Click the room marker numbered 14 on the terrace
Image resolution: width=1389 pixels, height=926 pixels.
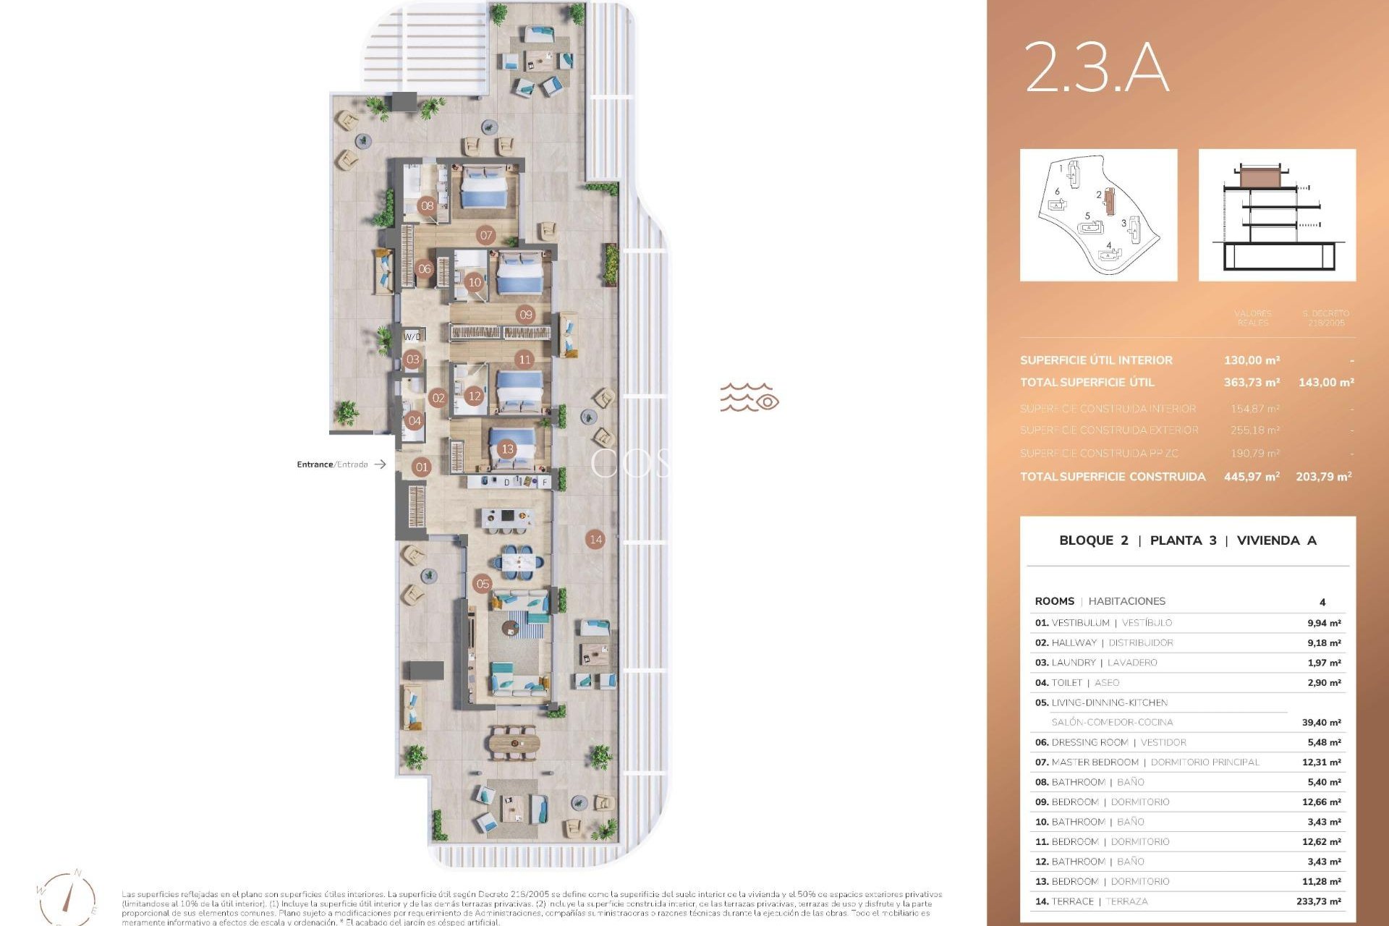click(x=595, y=539)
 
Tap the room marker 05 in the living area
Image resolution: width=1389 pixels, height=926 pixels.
click(x=483, y=584)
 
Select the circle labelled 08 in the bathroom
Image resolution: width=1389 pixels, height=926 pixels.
click(x=428, y=205)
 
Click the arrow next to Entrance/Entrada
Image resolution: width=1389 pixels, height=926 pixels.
click(x=380, y=464)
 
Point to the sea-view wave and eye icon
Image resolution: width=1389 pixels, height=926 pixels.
click(x=749, y=397)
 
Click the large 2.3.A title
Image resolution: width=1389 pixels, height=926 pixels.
click(x=1097, y=67)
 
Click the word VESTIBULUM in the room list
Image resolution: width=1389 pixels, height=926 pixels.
click(x=1080, y=623)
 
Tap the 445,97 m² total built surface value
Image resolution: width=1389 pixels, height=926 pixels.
click(x=1252, y=477)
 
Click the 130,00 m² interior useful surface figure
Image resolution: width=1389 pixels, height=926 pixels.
click(x=1252, y=360)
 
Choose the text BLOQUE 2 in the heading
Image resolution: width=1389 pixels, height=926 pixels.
click(x=1093, y=540)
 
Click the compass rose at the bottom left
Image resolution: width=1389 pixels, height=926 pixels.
click(x=67, y=897)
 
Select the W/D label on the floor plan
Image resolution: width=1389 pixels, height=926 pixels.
click(x=412, y=336)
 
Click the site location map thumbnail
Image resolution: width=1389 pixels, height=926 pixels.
click(x=1098, y=215)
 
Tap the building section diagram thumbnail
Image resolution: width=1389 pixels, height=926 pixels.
click(x=1277, y=215)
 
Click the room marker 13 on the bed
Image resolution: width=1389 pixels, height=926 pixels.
click(x=507, y=449)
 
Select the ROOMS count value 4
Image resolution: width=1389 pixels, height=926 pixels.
click(x=1322, y=602)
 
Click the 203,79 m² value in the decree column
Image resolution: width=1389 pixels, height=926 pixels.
click(x=1323, y=477)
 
